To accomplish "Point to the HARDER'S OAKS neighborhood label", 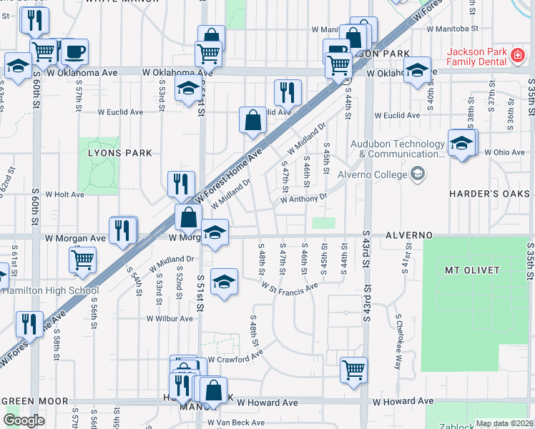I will tap(489, 194).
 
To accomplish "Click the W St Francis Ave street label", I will tap(289, 287).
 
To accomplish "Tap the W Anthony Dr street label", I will tap(303, 198).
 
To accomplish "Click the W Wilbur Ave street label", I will tap(167, 319).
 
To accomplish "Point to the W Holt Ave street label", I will tap(65, 194).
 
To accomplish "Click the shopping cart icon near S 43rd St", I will tap(353, 370).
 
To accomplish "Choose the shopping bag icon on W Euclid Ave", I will tap(253, 120).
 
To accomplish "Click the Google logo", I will tap(23, 420).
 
